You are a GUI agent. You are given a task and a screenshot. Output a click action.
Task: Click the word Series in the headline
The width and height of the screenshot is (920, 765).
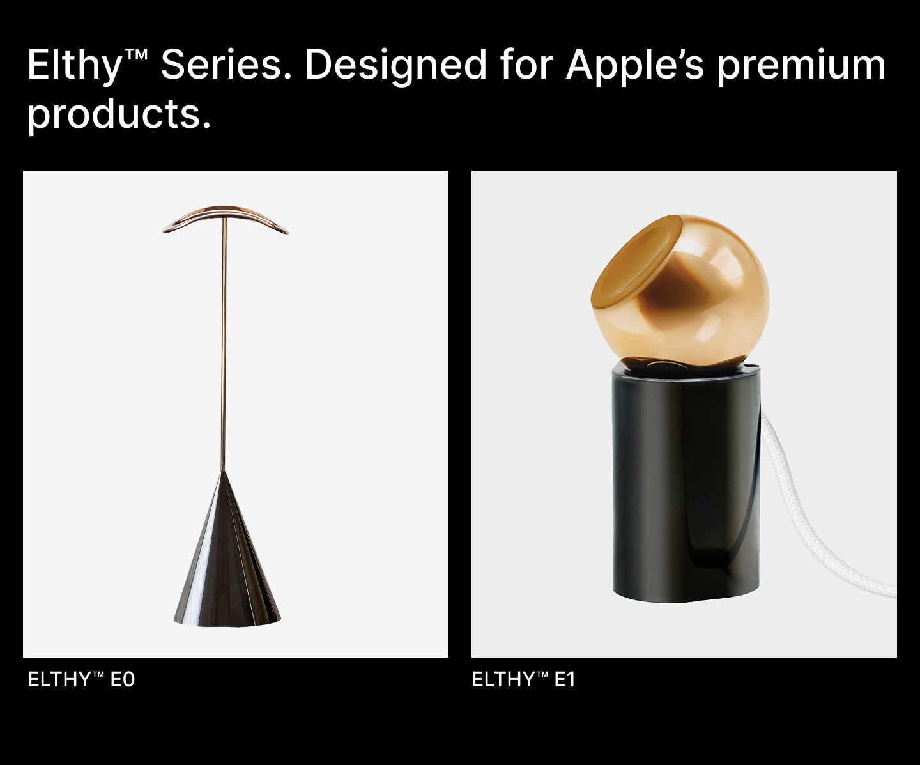226,65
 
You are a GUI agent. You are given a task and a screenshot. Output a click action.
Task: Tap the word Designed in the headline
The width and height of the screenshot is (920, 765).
395,66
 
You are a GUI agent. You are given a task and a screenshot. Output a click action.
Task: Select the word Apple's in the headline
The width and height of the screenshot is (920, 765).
635,66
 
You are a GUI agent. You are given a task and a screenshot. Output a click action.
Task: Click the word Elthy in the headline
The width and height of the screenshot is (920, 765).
75,66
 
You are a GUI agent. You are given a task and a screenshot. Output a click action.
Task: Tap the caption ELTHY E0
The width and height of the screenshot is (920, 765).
81,679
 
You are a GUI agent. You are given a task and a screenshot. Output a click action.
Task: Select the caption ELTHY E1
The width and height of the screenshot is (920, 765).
523,679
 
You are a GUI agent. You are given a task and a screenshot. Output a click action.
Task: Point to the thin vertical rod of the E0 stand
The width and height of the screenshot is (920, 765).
224,344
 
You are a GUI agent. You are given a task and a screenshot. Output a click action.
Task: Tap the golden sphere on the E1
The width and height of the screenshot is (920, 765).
680,291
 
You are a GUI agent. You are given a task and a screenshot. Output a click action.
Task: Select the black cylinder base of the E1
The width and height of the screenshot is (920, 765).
686,484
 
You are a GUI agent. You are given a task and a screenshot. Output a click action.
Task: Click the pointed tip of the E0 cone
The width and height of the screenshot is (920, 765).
224,472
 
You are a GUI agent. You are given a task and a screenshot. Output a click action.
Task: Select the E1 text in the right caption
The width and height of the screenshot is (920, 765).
564,679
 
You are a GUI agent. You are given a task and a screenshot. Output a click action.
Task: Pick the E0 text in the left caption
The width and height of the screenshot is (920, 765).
123,679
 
